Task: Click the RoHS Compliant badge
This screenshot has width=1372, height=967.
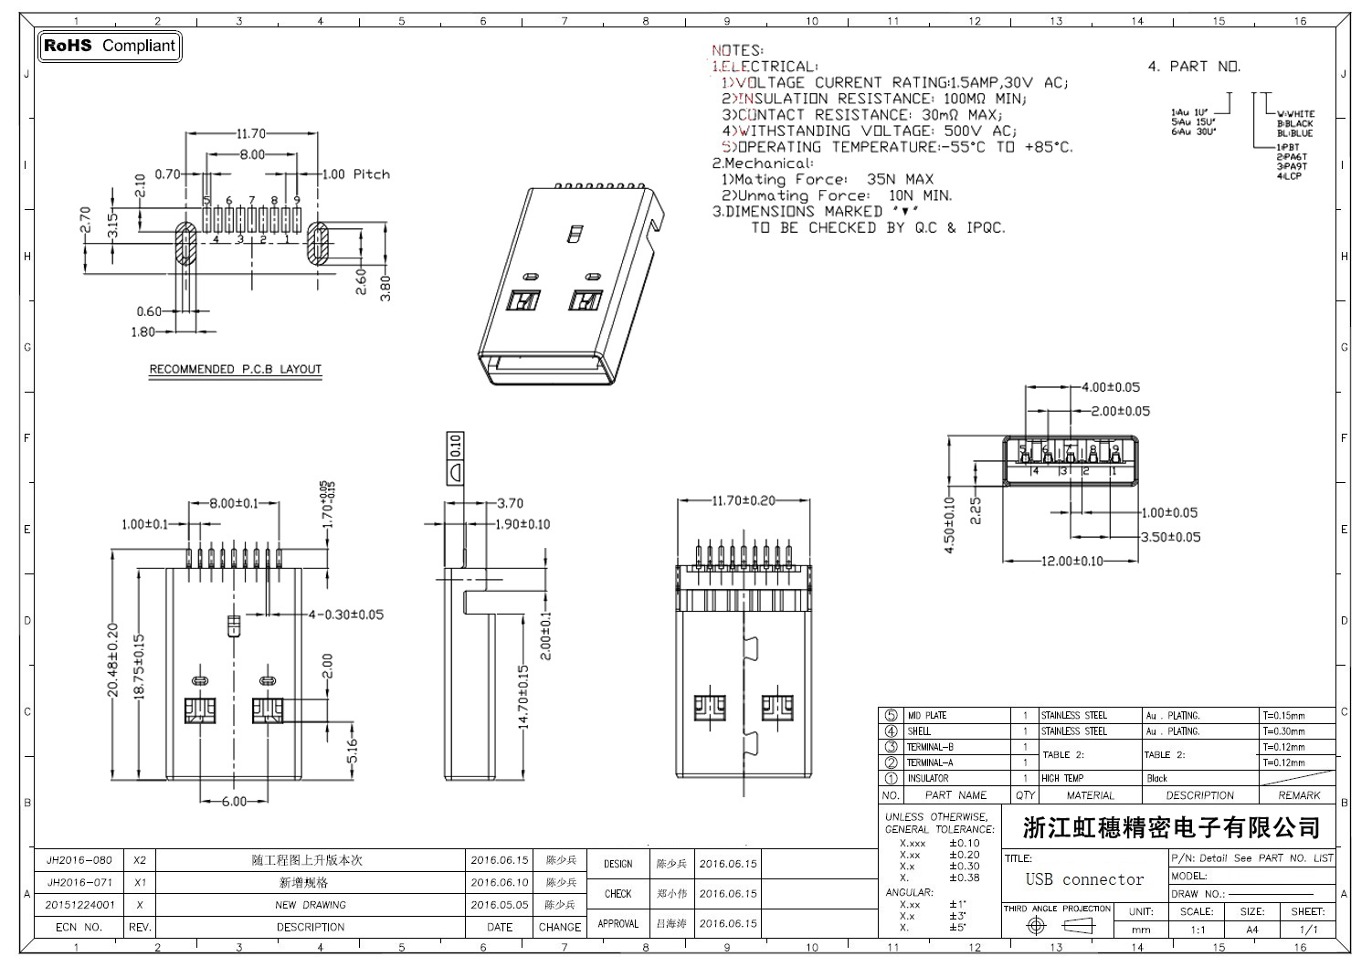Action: (110, 46)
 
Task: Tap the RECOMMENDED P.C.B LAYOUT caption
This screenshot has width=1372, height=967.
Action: (235, 369)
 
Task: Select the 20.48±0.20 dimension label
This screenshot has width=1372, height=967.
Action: (112, 660)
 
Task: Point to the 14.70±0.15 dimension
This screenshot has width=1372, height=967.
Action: (523, 696)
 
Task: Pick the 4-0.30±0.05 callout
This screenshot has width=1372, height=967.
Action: (345, 615)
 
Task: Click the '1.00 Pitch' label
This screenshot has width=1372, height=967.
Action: (356, 174)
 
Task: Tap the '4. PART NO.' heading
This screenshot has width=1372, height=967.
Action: (1193, 66)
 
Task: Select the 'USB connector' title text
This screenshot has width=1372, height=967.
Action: (1084, 879)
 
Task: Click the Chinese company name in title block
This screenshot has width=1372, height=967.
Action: (1171, 828)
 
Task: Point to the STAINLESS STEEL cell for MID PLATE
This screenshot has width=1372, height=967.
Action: (1073, 716)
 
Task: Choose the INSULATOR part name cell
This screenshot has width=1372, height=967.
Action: (927, 778)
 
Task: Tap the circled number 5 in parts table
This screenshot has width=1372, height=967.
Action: (891, 716)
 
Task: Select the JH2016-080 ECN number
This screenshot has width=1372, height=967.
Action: (79, 860)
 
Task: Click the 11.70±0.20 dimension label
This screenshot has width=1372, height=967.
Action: (743, 500)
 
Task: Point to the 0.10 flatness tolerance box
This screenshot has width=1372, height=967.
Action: (455, 445)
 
